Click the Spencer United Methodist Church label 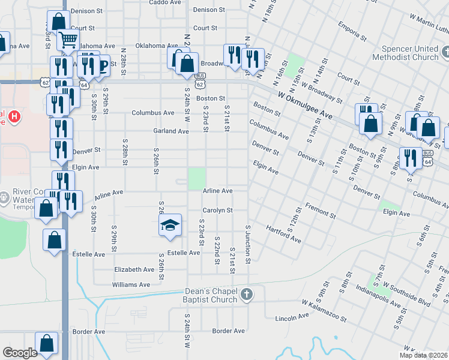(405, 53)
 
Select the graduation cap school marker (170, 225)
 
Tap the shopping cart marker (68, 40)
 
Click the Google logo (20, 353)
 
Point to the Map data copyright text (424, 355)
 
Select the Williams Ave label (131, 284)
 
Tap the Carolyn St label (217, 211)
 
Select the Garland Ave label (171, 131)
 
